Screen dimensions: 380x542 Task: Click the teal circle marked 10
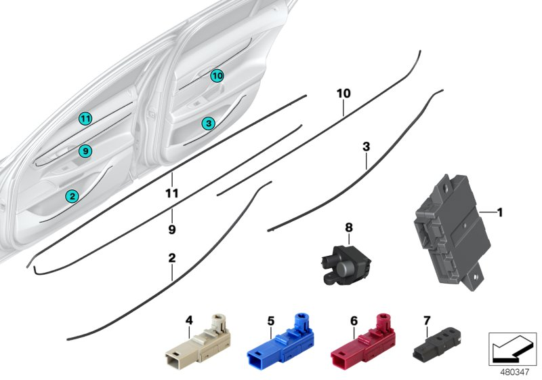[216, 75]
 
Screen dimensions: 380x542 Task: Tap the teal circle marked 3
[208, 123]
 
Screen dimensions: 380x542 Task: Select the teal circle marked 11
[84, 119]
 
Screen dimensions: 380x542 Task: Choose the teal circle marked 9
[84, 151]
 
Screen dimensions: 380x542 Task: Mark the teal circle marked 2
[72, 196]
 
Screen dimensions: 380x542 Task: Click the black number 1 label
[500, 213]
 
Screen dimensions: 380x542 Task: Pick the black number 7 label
[427, 320]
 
